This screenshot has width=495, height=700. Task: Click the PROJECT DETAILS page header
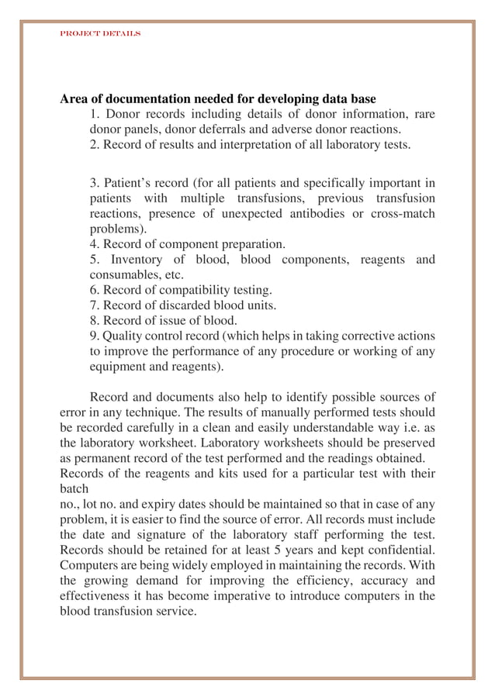pos(100,34)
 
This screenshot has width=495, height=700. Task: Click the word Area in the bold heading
pos(74,99)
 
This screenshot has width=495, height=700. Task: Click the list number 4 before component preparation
pos(94,244)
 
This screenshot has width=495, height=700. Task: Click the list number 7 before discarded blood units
pos(94,305)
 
